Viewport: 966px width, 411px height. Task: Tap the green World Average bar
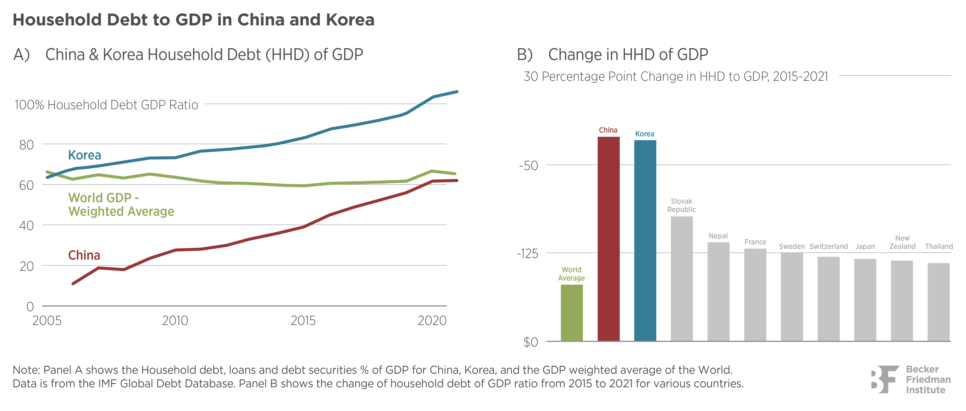coord(571,313)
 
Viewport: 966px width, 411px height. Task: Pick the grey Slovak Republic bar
coord(682,278)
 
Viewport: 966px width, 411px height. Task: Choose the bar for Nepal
coord(718,291)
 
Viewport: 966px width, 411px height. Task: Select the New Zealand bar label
coord(902,242)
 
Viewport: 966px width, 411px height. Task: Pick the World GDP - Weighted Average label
coord(121,204)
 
